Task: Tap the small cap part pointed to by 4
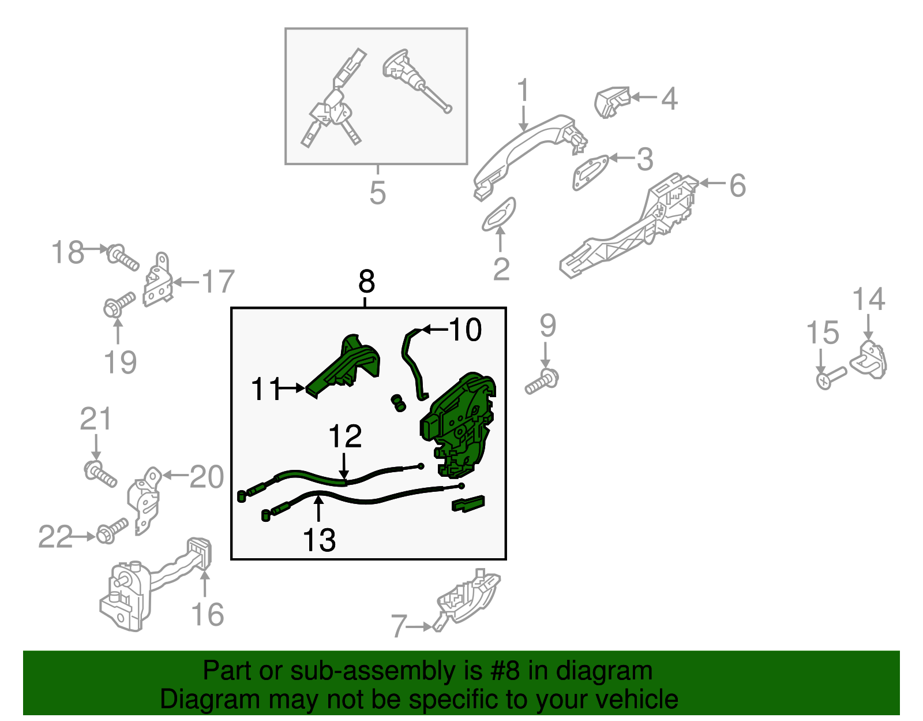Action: click(x=611, y=102)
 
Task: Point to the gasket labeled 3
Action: click(x=590, y=171)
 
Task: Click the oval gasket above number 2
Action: click(x=498, y=214)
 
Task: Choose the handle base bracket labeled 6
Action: click(x=629, y=225)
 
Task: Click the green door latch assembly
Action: click(x=459, y=425)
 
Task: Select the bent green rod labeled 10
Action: click(x=412, y=363)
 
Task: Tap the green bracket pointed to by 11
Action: click(x=342, y=366)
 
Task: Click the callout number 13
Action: click(x=319, y=540)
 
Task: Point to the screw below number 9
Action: click(x=542, y=382)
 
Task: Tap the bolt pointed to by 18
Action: click(x=122, y=257)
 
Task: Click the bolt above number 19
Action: click(x=119, y=304)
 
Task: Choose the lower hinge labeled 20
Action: click(x=144, y=500)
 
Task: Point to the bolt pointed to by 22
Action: click(x=112, y=531)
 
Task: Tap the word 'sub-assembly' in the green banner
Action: click(x=386, y=671)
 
